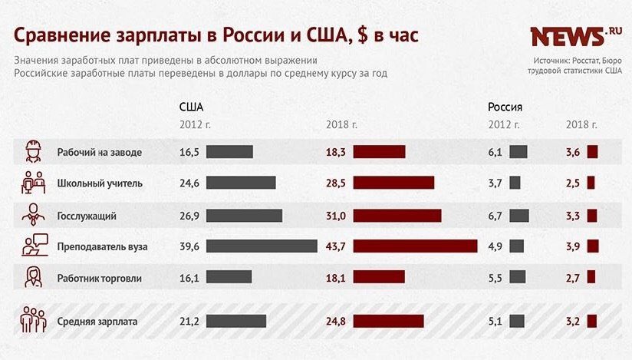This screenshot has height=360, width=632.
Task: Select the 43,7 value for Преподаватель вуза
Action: [x=336, y=246]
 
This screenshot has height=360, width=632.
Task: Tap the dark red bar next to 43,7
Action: [x=415, y=246]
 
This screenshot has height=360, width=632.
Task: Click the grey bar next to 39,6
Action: [x=262, y=246]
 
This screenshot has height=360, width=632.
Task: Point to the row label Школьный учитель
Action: [x=100, y=183]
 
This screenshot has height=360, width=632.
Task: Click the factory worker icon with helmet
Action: [x=33, y=151]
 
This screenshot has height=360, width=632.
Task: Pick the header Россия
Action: [x=505, y=107]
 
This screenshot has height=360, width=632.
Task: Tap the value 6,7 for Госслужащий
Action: [x=495, y=216]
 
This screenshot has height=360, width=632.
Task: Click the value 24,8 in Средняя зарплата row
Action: [x=336, y=322]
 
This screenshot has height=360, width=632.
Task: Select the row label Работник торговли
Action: [x=100, y=278]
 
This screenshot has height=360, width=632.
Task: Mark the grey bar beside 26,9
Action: [x=244, y=216]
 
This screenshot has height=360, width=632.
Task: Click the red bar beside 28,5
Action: [x=393, y=183]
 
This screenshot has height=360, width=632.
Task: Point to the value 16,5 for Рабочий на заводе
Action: [x=189, y=152]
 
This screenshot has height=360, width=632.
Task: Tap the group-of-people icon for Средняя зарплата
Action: [x=33, y=321]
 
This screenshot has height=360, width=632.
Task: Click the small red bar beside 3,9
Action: [x=592, y=246]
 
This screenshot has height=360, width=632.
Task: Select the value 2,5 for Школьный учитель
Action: [x=573, y=183]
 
